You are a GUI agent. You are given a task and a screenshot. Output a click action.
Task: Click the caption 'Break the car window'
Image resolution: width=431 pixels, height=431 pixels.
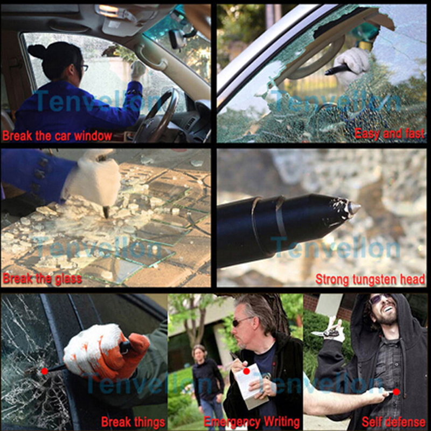coord(58,136)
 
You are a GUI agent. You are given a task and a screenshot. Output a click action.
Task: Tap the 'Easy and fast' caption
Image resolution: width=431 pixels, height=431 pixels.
coord(390,134)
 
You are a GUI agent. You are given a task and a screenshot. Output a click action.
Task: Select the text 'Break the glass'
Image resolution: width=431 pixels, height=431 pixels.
coord(43,279)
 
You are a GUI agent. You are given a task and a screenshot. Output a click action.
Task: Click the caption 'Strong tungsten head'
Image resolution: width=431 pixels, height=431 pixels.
coord(370,280)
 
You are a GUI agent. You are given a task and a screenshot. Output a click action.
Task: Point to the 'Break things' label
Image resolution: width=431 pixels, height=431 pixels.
coord(133,422)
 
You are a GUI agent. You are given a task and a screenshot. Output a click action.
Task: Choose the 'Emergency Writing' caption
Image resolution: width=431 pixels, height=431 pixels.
coord(252,422)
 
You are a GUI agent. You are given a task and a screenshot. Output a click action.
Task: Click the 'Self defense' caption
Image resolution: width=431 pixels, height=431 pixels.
coord(394,422)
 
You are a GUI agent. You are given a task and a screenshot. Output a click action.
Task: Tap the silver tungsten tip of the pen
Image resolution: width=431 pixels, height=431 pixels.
coord(354,207)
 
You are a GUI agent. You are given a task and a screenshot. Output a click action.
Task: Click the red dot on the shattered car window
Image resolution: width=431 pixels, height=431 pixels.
coord(44,371)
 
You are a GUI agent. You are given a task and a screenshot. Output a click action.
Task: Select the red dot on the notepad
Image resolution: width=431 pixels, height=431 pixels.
coord(247,371)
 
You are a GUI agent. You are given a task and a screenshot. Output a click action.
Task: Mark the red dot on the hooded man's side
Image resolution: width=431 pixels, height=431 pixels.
coord(396,392)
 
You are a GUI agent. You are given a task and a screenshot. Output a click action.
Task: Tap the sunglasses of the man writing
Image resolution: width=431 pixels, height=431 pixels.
coord(240,321)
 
